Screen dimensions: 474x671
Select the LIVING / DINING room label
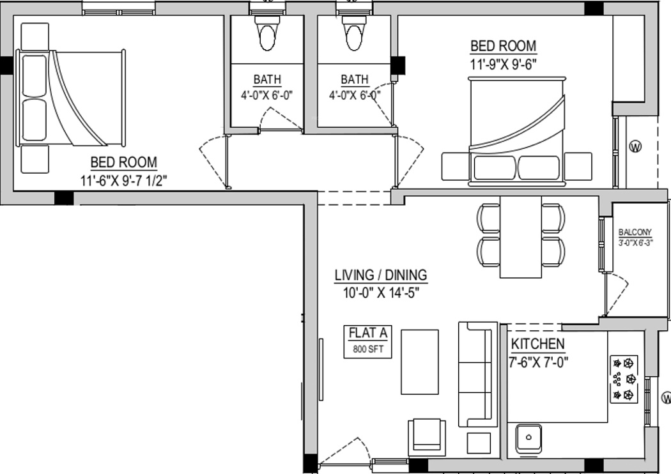[381, 275]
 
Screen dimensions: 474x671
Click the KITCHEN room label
[537, 344]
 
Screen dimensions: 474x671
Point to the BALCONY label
[635, 233]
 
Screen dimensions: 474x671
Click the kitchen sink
[528, 438]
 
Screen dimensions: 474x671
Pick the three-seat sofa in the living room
[477, 374]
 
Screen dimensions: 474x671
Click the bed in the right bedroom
[518, 131]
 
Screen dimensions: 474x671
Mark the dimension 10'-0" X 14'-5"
[381, 293]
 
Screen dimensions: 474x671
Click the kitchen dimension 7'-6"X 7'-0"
[539, 362]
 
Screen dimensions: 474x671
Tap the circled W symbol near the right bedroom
[636, 146]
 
